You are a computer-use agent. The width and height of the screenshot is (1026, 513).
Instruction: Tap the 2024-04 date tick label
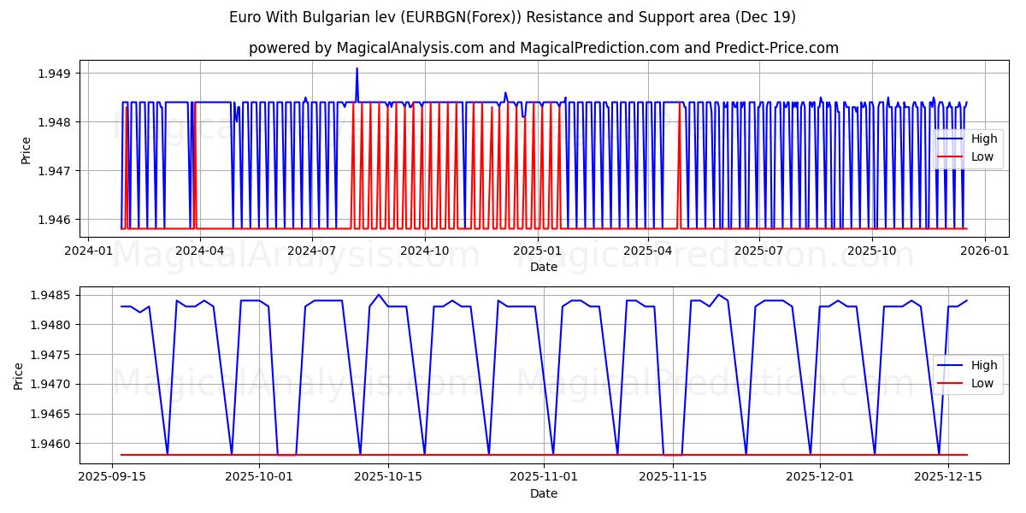pos(200,251)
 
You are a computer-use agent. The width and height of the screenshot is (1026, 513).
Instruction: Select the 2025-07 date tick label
pos(759,251)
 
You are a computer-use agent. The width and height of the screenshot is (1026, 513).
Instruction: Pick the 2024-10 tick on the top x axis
pos(424,251)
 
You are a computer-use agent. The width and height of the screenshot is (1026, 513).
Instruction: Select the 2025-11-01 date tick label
pos(544,476)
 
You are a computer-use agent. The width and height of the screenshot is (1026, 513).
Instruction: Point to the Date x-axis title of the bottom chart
pos(544,493)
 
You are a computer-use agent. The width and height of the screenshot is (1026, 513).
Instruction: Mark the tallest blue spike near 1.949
pos(357,69)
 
